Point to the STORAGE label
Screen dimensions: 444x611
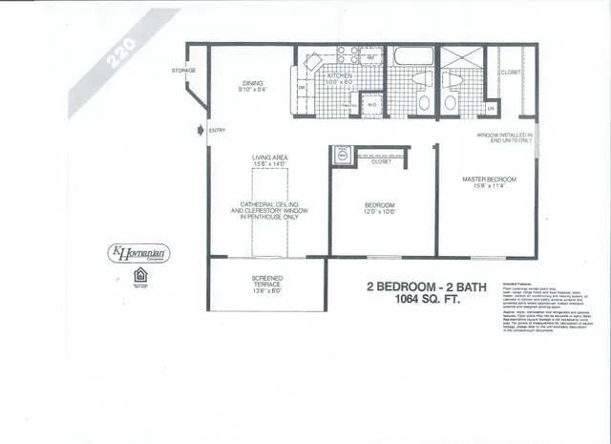click(184, 71)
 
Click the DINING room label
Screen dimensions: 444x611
click(252, 83)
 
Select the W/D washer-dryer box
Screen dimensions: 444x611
click(371, 105)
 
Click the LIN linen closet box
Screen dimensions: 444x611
click(491, 108)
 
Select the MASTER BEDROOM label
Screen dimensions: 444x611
click(489, 180)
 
